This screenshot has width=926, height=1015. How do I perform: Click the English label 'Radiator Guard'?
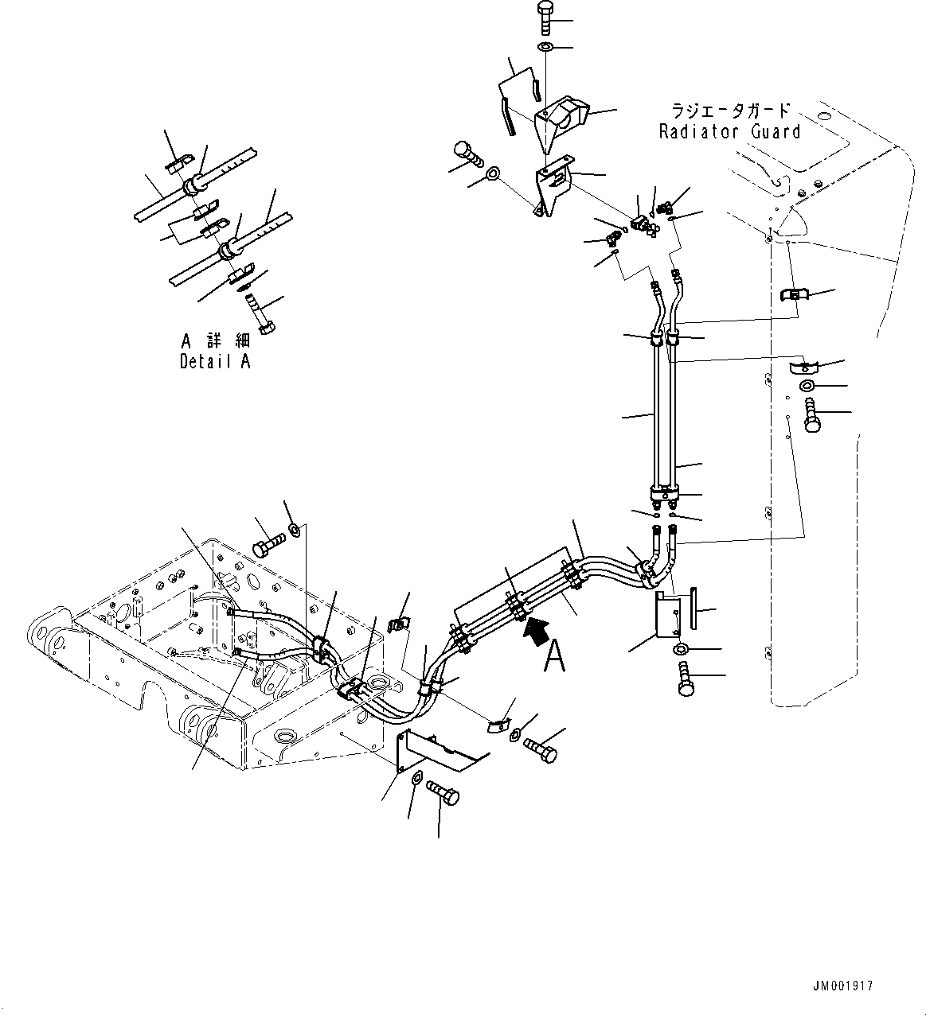[x=729, y=131]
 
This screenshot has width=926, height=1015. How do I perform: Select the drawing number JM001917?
[x=843, y=986]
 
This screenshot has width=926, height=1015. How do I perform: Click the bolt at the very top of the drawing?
[x=547, y=17]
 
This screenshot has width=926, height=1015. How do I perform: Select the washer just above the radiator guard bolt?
[x=806, y=387]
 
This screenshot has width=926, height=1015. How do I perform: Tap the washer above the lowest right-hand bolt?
[x=682, y=651]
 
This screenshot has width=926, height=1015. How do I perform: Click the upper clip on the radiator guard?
[x=794, y=295]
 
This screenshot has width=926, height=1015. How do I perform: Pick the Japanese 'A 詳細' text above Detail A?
[x=215, y=341]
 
